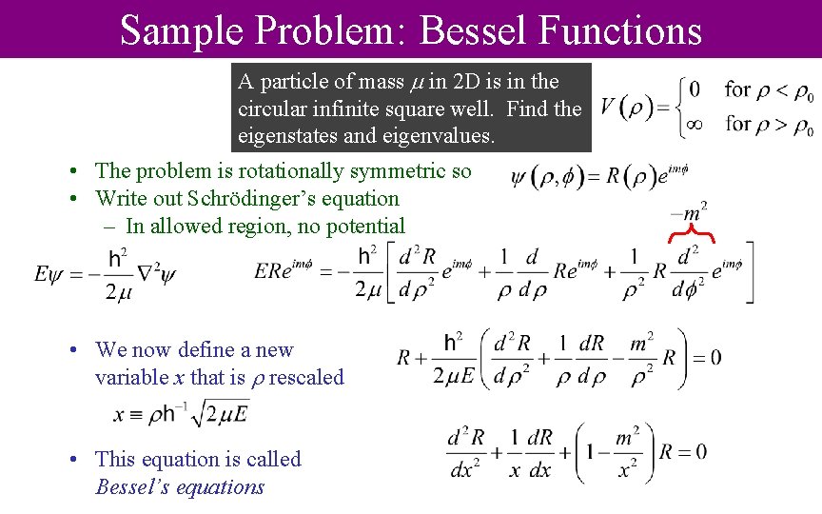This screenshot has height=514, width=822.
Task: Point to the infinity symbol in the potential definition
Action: coord(695,124)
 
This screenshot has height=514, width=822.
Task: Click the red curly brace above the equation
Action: coord(692,235)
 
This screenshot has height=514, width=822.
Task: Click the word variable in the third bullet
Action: coord(131,377)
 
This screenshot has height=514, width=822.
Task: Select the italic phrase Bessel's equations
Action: coord(180,487)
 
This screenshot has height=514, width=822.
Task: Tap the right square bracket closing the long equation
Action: coord(749,274)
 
